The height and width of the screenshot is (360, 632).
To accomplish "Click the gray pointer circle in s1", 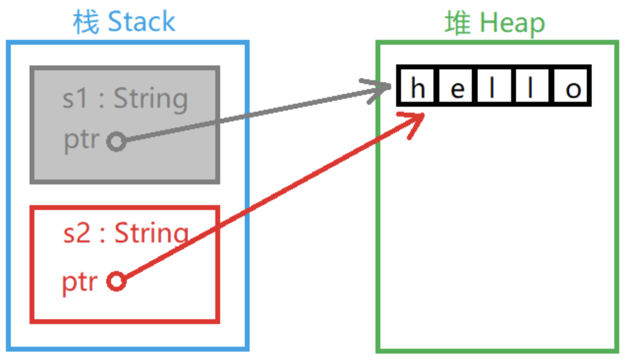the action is [x=116, y=142].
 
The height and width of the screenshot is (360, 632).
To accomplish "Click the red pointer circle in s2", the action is [x=116, y=282].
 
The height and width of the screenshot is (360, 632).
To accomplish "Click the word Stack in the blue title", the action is [x=141, y=22].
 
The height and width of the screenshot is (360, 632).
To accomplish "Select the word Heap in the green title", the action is [x=512, y=23].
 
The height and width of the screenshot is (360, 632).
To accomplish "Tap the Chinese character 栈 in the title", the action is [x=86, y=22].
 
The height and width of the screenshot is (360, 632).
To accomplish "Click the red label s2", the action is [x=77, y=234].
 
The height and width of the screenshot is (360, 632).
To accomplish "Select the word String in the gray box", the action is [x=151, y=99].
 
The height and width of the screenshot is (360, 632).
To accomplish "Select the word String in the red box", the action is [x=151, y=233].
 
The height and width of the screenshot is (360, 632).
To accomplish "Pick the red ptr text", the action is [x=80, y=283].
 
